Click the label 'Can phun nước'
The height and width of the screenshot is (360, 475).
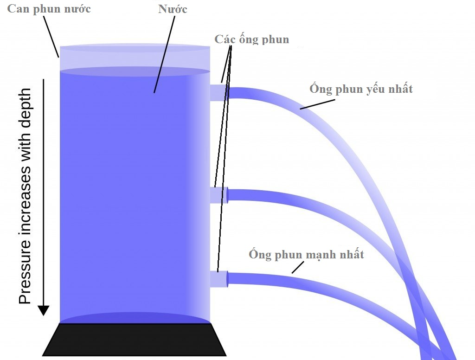pyautogui.click(x=49, y=10)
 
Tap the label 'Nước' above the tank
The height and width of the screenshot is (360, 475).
pyautogui.click(x=173, y=9)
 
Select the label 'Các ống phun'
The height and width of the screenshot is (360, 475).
pyautogui.click(x=251, y=39)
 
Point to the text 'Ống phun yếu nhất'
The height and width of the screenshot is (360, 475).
pyautogui.click(x=361, y=89)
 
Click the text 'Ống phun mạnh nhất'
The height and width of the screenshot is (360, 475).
pyautogui.click(x=306, y=255)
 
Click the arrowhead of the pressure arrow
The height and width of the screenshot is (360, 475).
pyautogui.click(x=43, y=310)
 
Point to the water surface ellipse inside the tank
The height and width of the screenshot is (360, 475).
pyautogui.click(x=135, y=71)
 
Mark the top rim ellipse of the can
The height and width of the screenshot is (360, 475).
pyautogui.click(x=135, y=48)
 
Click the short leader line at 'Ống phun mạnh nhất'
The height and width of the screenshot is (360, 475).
pyautogui.click(x=297, y=267)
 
